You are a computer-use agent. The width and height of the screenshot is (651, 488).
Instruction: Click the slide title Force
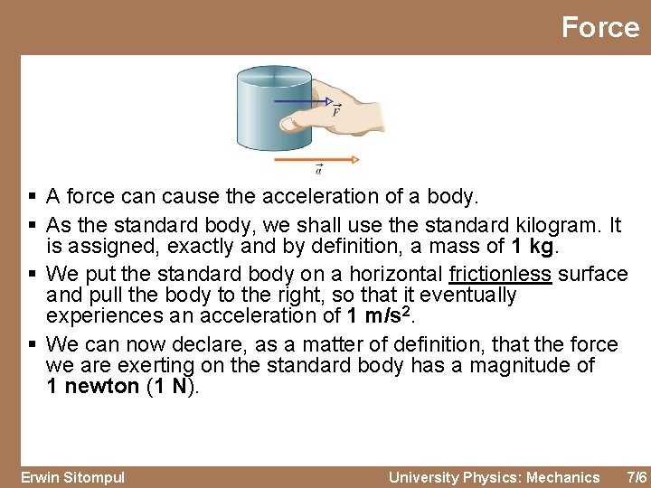599,27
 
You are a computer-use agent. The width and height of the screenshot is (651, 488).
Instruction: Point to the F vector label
335,112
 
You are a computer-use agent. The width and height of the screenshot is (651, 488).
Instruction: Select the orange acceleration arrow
316,160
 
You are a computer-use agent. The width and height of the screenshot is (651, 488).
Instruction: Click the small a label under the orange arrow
318,169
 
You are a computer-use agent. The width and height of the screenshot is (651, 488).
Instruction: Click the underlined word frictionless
500,274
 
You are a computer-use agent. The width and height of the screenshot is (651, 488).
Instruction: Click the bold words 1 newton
92,387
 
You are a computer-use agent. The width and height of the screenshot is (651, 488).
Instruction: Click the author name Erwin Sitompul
72,477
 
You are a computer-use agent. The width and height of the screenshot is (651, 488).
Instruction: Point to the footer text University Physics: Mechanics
494,477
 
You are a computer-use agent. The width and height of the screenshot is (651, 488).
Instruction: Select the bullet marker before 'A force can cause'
32,196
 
